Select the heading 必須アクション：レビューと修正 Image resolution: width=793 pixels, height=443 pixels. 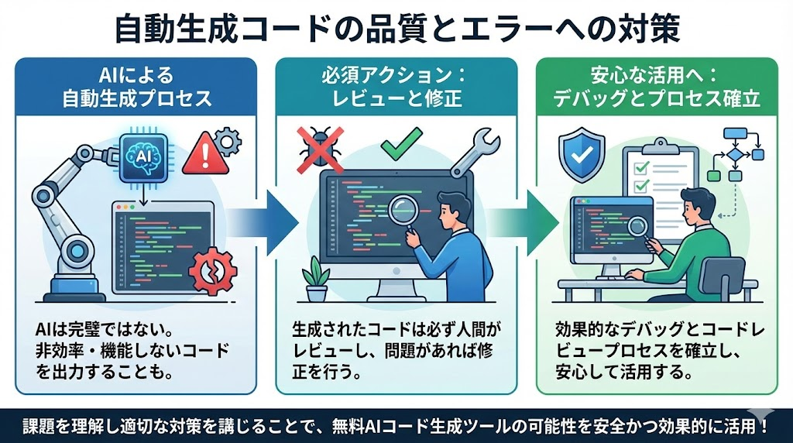[396, 88]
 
